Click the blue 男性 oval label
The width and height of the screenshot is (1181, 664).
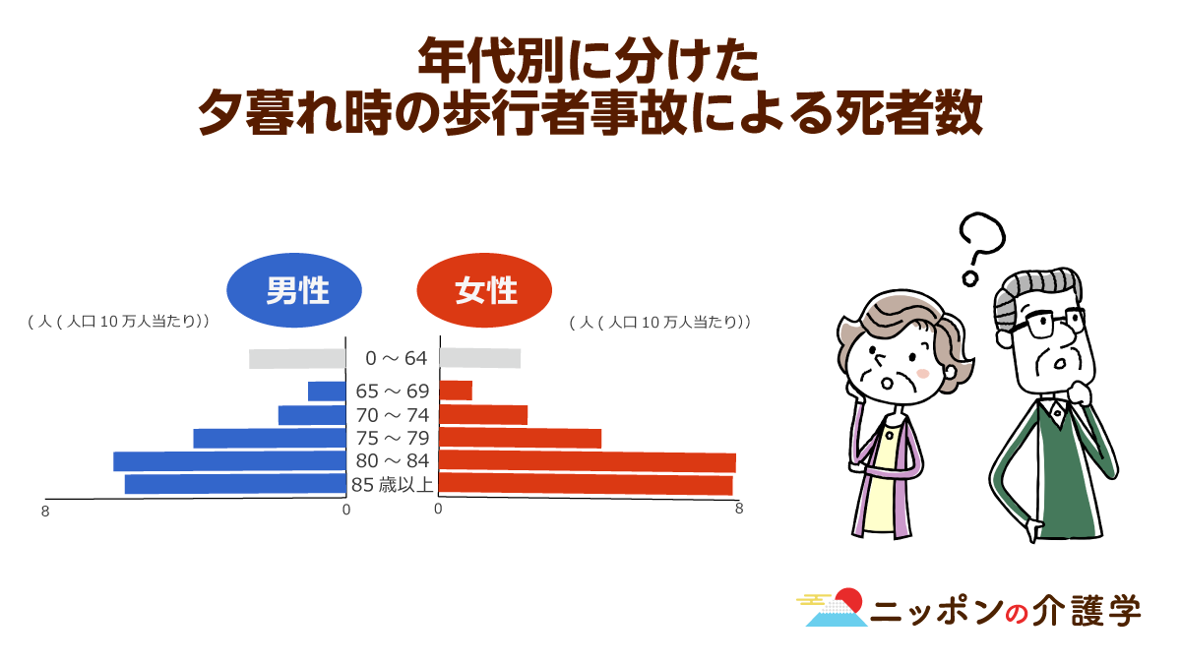294,290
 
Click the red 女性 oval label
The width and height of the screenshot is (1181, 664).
484,290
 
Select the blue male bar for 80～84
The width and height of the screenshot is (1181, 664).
230,461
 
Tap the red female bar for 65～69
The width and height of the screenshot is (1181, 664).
456,391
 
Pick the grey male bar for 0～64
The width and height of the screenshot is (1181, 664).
297,359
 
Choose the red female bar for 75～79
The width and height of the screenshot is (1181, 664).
521,439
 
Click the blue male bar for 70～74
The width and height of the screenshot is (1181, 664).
312,415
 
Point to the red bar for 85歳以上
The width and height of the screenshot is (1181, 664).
586,484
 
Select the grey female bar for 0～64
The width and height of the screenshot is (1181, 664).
480,358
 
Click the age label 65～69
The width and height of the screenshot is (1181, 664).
393,392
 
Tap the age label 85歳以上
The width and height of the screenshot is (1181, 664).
393,484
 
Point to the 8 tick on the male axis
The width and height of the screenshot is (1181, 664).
45,512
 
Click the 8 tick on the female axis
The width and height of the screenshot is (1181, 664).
739,509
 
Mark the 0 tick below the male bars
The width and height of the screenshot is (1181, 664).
346,511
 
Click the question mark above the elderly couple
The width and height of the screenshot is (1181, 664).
982,249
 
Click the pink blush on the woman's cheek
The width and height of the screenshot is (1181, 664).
923,374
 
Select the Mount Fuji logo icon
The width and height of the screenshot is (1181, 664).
832,607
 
